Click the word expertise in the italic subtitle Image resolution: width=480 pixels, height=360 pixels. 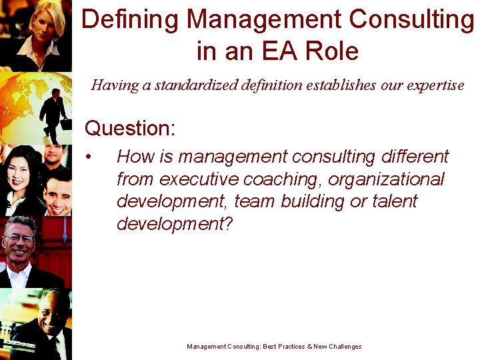click(433, 85)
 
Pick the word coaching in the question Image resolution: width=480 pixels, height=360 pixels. click(291, 179)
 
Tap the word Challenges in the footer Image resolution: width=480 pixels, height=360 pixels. click(341, 347)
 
